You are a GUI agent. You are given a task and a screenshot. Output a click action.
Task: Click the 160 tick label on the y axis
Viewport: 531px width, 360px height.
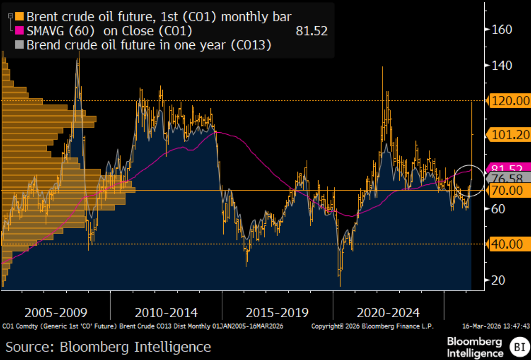(501, 30)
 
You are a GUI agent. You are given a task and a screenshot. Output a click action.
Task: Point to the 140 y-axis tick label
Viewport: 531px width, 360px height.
(501, 65)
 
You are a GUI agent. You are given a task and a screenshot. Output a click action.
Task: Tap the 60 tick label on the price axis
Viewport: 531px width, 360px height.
(498, 209)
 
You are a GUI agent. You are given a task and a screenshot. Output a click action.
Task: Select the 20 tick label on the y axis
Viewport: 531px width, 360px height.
(498, 280)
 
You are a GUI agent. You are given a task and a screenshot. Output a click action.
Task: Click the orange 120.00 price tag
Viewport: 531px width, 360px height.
(508, 101)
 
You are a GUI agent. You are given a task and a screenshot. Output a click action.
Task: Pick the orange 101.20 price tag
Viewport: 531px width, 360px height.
(508, 134)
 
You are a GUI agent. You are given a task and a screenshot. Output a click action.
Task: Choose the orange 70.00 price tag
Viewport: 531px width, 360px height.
(508, 190)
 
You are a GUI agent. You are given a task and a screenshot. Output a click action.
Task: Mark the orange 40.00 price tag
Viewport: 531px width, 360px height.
(508, 244)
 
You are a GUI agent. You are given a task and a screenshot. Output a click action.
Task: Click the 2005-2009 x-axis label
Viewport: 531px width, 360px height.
(56, 313)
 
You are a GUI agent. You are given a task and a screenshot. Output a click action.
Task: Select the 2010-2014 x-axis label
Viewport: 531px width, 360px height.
(166, 313)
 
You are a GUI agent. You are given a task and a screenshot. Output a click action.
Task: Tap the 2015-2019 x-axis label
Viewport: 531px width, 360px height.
(277, 313)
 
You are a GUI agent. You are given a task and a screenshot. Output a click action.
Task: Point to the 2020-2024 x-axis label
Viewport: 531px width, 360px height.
(388, 313)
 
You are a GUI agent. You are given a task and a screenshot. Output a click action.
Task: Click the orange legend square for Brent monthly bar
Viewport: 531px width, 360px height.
(20, 17)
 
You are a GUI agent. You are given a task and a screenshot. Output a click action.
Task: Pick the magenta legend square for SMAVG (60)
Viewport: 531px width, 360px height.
(20, 31)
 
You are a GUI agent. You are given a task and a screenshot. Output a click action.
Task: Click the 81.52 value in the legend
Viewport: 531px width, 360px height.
(312, 31)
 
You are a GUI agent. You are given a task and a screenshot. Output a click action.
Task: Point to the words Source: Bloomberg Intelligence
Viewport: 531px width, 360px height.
(108, 347)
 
